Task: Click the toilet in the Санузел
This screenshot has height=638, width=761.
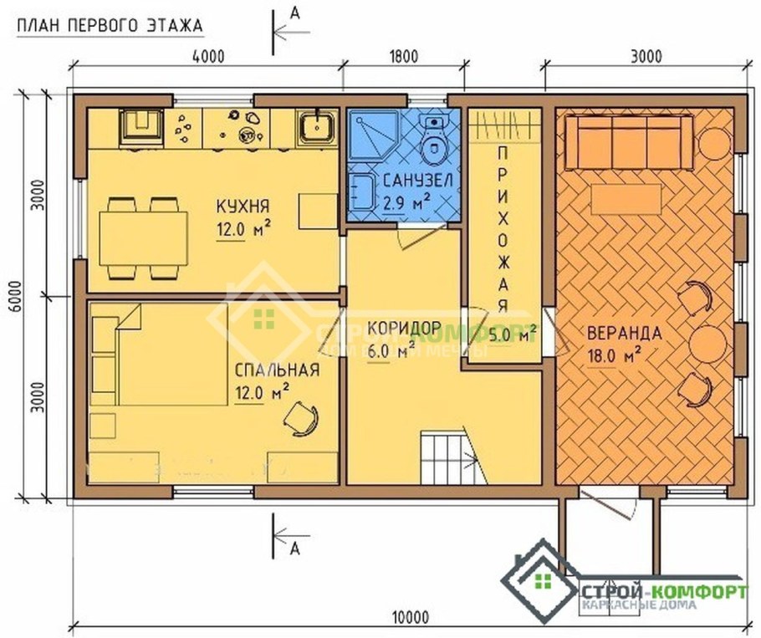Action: [433, 145]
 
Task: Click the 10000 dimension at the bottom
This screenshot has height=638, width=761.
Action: [407, 618]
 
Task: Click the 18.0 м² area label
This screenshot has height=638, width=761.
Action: [614, 354]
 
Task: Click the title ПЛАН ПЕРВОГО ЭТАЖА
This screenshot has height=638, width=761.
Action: [110, 26]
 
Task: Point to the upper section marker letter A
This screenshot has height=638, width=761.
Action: [294, 12]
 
